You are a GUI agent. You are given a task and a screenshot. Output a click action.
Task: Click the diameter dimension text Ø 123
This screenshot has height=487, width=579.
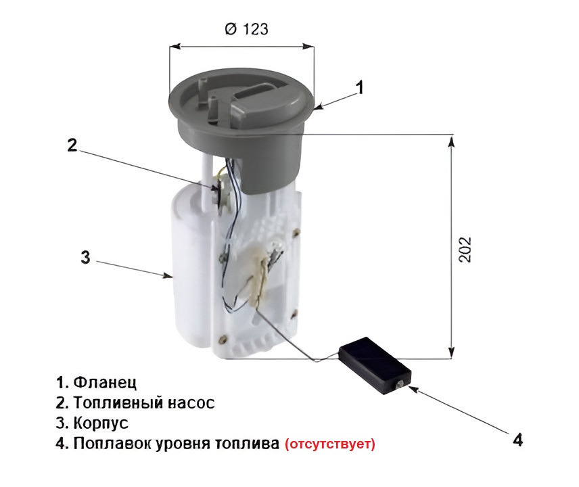click(x=246, y=29)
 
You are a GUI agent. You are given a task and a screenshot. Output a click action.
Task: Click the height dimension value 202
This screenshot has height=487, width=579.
click(x=465, y=250)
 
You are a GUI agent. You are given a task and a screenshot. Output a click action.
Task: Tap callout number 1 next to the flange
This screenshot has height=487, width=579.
click(x=359, y=87)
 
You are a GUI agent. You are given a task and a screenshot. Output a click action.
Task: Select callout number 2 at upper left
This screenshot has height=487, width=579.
click(x=72, y=145)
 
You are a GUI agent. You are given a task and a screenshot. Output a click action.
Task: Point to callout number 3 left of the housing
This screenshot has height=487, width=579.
click(x=85, y=257)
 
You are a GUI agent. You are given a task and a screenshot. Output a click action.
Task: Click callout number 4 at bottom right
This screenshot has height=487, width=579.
click(x=518, y=440)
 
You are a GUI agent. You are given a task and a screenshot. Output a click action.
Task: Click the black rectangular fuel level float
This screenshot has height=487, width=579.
click(x=375, y=366)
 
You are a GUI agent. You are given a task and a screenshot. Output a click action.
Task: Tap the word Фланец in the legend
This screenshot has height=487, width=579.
click(x=105, y=382)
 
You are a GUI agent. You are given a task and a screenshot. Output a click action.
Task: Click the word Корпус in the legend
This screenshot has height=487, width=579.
click(x=101, y=423)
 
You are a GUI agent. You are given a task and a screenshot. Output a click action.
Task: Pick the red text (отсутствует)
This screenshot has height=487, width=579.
click(x=330, y=444)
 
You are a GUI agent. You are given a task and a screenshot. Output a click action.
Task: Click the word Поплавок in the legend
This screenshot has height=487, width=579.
click(x=112, y=443)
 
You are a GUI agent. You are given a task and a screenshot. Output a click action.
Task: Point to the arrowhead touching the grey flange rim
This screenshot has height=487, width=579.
click(x=319, y=107)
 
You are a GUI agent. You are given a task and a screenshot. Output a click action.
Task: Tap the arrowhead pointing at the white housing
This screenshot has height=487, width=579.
click(x=168, y=275)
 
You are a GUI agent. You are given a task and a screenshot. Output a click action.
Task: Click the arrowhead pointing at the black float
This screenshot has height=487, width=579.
click(x=413, y=388)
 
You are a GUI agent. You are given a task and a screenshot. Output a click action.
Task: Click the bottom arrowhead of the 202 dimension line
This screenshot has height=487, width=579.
click(x=451, y=352)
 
